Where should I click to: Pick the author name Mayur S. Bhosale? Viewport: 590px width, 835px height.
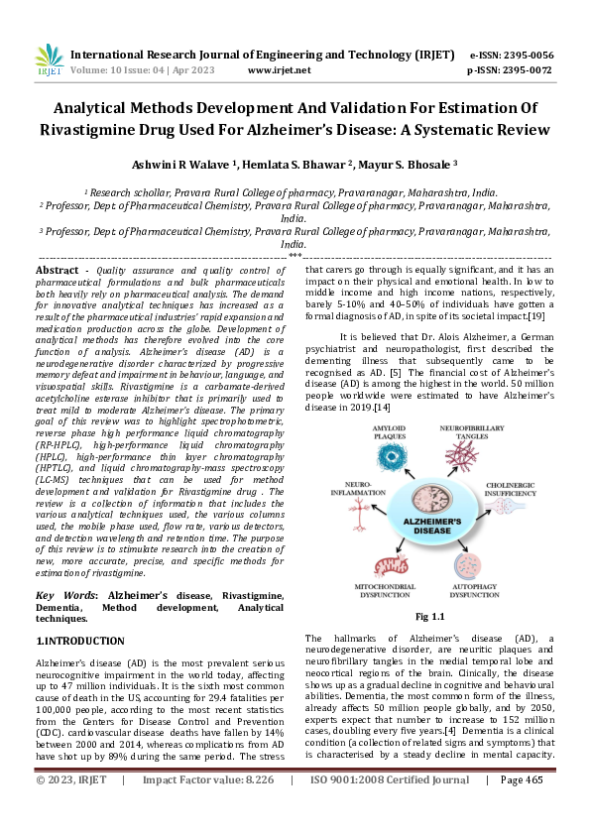click(x=410, y=164)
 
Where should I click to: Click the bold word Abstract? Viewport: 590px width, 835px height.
click(x=57, y=270)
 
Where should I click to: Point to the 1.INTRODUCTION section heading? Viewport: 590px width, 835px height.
click(x=80, y=641)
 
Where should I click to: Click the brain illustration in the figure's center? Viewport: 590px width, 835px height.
click(x=428, y=498)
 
